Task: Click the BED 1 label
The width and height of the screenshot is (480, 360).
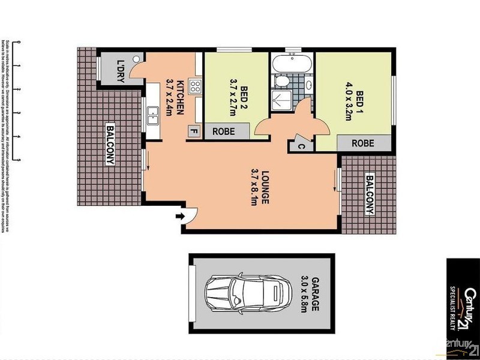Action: pos(359,99)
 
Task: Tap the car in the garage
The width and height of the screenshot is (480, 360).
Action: pos(244,295)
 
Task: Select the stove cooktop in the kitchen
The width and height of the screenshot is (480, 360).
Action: pos(195,86)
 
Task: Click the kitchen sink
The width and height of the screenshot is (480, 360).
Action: pos(152,113)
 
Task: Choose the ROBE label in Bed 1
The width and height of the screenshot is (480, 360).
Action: pos(362,143)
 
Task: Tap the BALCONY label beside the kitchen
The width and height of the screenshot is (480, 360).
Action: pos(110,144)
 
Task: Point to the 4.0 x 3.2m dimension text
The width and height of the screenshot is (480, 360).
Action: pos(347,99)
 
